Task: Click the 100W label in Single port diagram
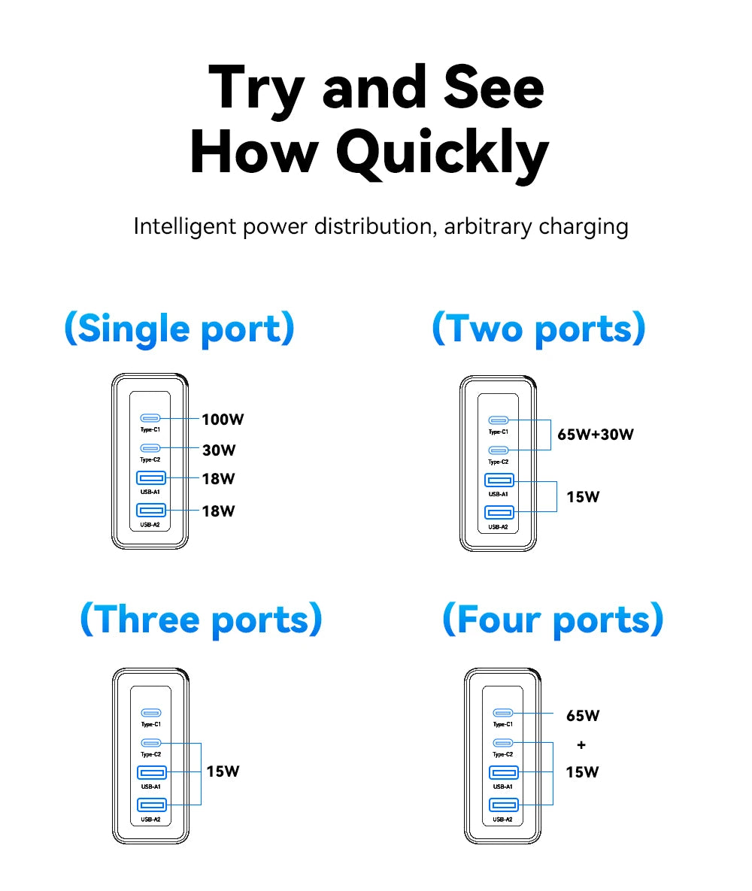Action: pyautogui.click(x=223, y=420)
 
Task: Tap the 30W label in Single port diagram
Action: pyautogui.click(x=219, y=450)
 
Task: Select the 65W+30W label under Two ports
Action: pyautogui.click(x=595, y=435)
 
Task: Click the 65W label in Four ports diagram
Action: pyautogui.click(x=583, y=716)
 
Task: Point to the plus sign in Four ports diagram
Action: pyautogui.click(x=581, y=745)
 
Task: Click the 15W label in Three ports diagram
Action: pyautogui.click(x=223, y=771)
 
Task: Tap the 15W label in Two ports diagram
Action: pyautogui.click(x=583, y=497)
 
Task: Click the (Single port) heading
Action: pyautogui.click(x=179, y=329)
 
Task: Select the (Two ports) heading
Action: pyautogui.click(x=538, y=329)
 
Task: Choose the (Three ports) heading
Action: pyautogui.click(x=201, y=620)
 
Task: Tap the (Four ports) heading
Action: pyautogui.click(x=553, y=620)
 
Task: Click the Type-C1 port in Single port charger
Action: pyautogui.click(x=150, y=419)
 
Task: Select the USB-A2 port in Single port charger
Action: pyautogui.click(x=150, y=511)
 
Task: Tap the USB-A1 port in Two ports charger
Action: pyautogui.click(x=499, y=481)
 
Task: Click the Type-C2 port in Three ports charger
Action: pyautogui.click(x=150, y=743)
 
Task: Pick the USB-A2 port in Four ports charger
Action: pyautogui.click(x=502, y=805)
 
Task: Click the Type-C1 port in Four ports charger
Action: pyautogui.click(x=502, y=713)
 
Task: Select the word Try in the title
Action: pyautogui.click(x=255, y=88)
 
